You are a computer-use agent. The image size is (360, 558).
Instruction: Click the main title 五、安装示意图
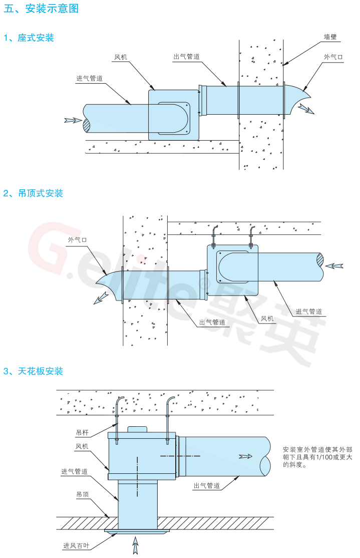[41, 9]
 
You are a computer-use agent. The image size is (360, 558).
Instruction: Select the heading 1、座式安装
[29, 38]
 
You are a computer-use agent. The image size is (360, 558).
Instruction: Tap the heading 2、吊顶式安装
[33, 193]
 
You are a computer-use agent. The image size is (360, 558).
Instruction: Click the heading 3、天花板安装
[33, 371]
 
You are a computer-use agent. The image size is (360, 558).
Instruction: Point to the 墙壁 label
[330, 37]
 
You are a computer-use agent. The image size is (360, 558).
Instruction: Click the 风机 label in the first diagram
[121, 58]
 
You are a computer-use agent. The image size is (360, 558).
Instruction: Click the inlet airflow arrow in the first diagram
[73, 120]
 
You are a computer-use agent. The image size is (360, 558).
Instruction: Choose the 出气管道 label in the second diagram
[212, 322]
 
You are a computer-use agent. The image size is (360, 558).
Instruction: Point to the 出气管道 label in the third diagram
[206, 486]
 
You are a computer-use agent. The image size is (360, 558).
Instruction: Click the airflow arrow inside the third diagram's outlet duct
[246, 456]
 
